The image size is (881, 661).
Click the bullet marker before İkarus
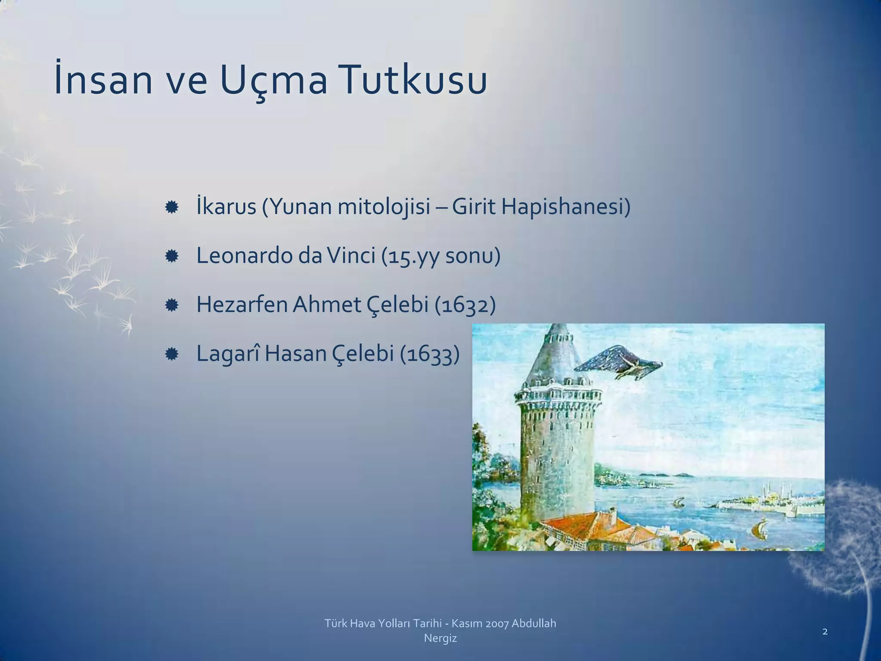(172, 207)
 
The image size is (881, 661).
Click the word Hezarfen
(242, 305)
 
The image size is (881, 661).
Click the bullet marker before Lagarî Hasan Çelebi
(172, 355)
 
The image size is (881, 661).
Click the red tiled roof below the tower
(598, 527)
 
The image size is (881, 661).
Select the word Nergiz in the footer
(440, 638)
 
